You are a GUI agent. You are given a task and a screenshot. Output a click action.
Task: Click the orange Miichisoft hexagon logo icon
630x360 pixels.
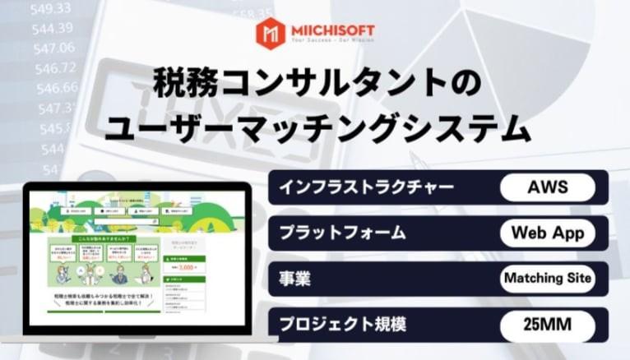click(x=270, y=32)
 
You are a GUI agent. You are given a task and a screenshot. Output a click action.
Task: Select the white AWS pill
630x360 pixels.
click(x=547, y=187)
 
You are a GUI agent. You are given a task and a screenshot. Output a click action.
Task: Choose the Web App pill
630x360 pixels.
click(x=547, y=233)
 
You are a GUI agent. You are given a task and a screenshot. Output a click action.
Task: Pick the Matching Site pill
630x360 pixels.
click(x=547, y=278)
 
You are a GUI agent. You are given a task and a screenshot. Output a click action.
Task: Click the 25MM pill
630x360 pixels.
click(x=547, y=324)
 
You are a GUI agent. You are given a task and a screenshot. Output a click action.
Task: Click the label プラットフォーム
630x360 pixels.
click(x=341, y=233)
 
